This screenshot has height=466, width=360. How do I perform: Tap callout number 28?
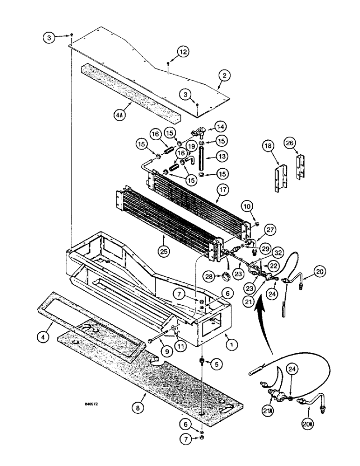(210, 276)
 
